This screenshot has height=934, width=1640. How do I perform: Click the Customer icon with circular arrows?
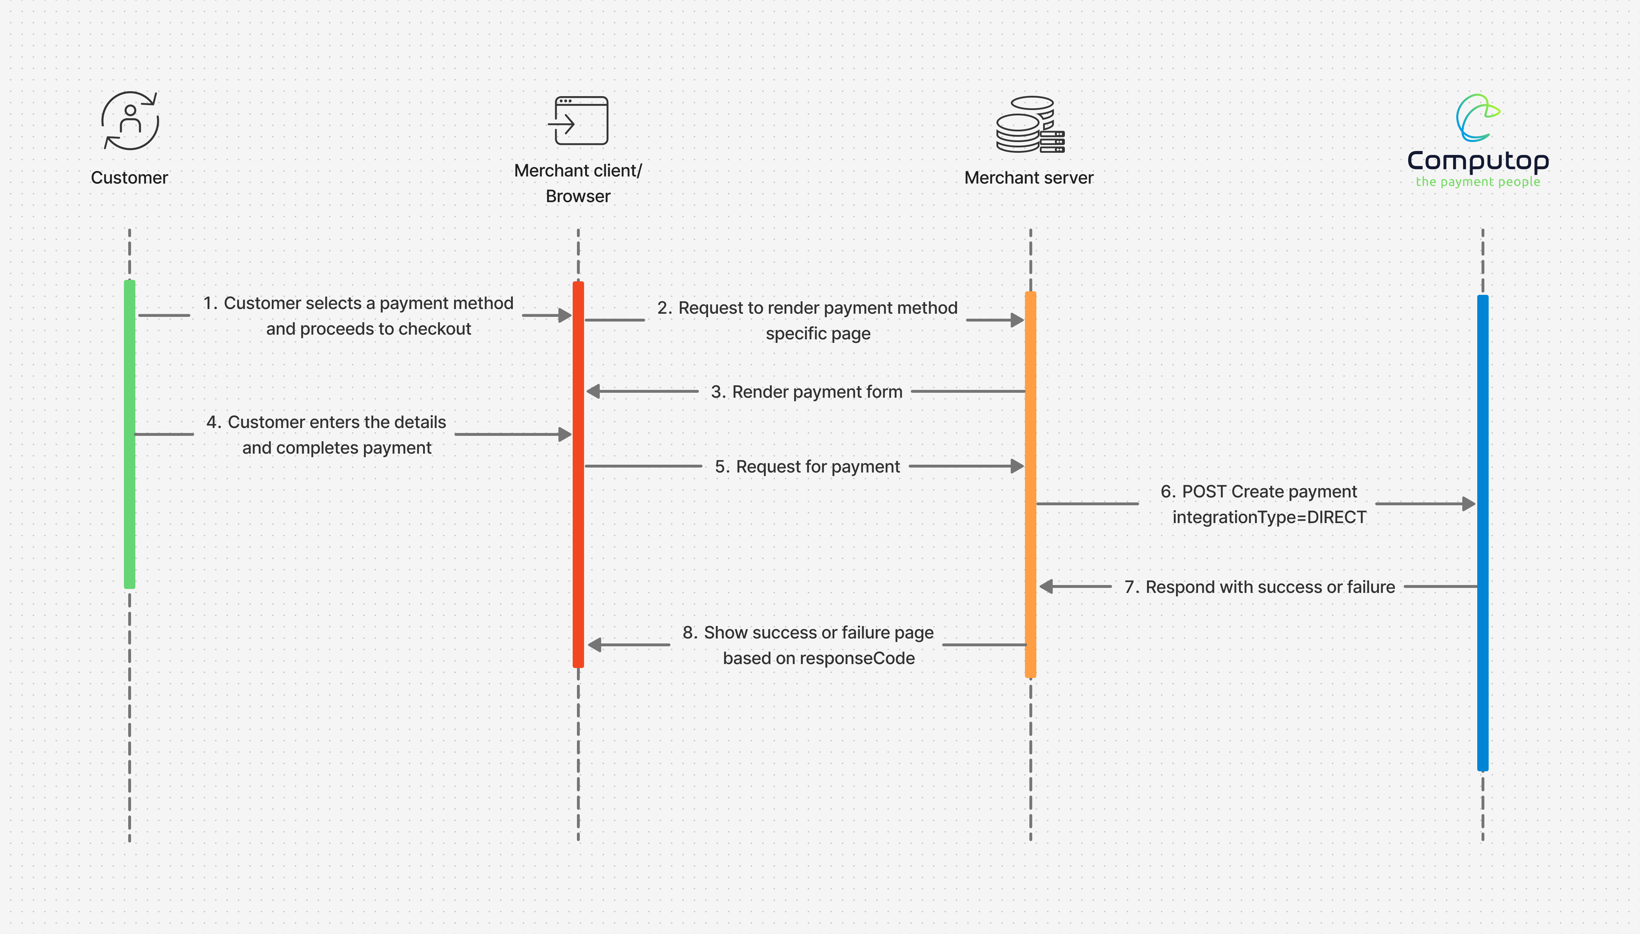[x=130, y=121]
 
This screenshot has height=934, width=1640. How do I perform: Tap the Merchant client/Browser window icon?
[x=578, y=121]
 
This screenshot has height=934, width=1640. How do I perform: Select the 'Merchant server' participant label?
[x=1029, y=178]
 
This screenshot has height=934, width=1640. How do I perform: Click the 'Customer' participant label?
[x=130, y=178]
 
